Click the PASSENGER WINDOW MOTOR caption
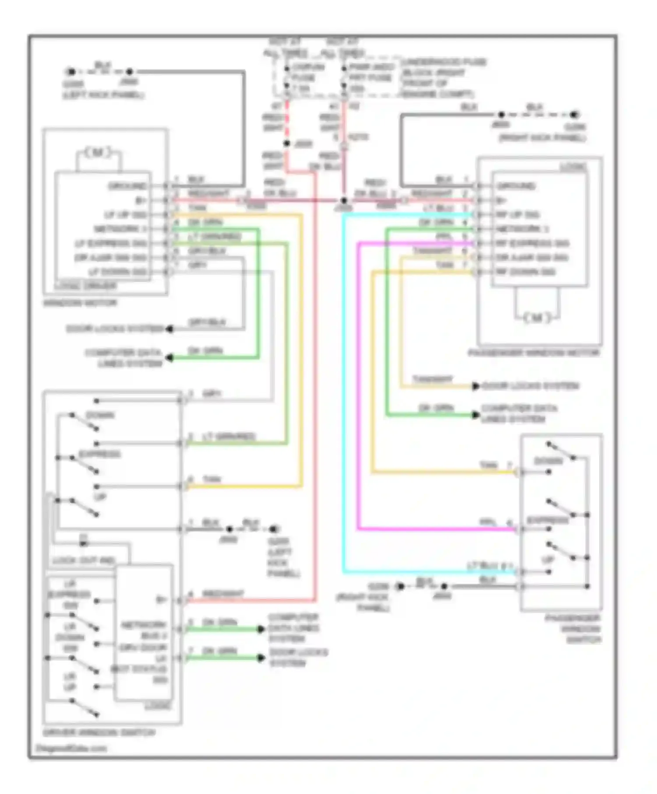click(533, 353)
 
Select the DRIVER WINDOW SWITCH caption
click(99, 733)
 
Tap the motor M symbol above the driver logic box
click(98, 152)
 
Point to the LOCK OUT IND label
click(83, 560)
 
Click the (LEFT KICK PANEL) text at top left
click(103, 95)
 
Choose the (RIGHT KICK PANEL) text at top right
click(542, 138)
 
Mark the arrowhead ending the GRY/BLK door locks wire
click(169, 329)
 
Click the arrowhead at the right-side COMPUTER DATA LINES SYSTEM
click(476, 414)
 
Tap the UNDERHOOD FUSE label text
click(444, 62)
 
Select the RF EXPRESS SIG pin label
click(532, 243)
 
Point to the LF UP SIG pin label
click(125, 215)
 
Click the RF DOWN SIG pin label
click(526, 272)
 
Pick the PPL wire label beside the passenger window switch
click(488, 523)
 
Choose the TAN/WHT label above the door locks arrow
click(432, 379)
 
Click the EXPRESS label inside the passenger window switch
click(547, 520)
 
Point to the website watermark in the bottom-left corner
click(71, 748)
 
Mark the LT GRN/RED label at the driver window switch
click(228, 436)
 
